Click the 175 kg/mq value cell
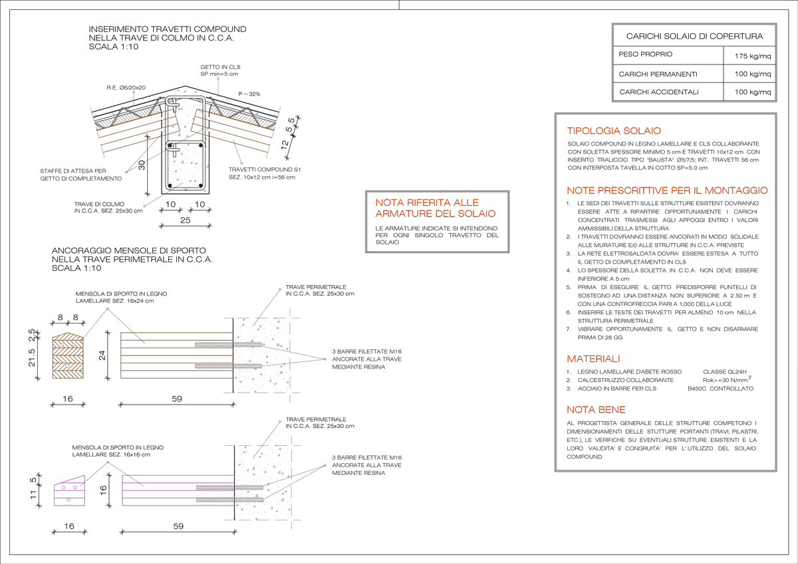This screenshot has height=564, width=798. point(752,56)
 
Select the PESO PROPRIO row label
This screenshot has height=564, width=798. point(645,54)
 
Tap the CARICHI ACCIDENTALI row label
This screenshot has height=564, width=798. point(659,92)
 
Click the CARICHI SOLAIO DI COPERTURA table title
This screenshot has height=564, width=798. point(694,37)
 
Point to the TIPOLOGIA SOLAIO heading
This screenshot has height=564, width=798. point(614,131)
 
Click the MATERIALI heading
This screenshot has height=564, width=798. point(593,359)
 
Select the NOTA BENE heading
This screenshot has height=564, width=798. point(596,410)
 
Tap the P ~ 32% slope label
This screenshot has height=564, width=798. point(249,94)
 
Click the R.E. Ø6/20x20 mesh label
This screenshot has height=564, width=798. point(126,88)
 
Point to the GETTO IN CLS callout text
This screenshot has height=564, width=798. point(220,70)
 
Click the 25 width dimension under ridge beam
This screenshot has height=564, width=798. point(186,221)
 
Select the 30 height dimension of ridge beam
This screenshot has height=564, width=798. point(142,165)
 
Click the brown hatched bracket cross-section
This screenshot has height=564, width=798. point(68,355)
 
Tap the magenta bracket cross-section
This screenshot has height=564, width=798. point(69,491)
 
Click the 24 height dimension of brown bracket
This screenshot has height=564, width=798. point(102,355)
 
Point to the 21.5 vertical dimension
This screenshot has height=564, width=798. point(32,357)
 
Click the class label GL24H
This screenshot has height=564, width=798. point(725,372)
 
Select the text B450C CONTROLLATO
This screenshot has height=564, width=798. point(720,389)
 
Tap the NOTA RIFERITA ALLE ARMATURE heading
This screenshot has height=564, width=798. point(436,208)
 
